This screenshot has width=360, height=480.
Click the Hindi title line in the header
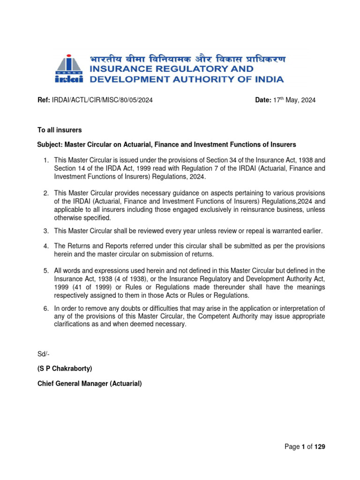pos(187,60)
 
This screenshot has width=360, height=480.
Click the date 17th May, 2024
pos(294,100)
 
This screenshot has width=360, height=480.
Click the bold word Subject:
pos(50,144)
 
